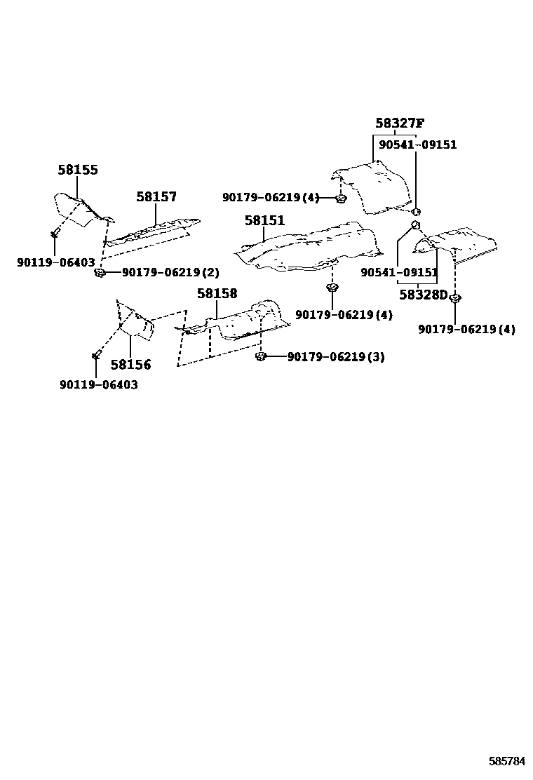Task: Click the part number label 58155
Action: coord(77,170)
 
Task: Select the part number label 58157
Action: coord(156,198)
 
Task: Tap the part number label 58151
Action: coord(264,221)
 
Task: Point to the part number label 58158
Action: coord(217,294)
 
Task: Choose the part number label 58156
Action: coord(130,365)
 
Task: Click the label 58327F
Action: coord(399,124)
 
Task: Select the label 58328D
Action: coord(423,295)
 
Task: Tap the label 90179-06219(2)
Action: coord(161,272)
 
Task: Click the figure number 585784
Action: coord(507,760)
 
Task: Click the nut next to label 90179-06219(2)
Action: coord(100,271)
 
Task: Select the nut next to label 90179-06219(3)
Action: coord(260,356)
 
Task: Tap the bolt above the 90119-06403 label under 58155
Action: coord(55,231)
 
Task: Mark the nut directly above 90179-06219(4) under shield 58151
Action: coord(332,288)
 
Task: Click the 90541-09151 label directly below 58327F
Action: coord(417,144)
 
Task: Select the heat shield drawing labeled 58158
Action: coord(235,323)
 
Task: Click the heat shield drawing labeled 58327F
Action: coord(372,186)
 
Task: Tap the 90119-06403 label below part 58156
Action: coord(98,385)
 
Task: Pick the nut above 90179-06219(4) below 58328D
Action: coord(454,299)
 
